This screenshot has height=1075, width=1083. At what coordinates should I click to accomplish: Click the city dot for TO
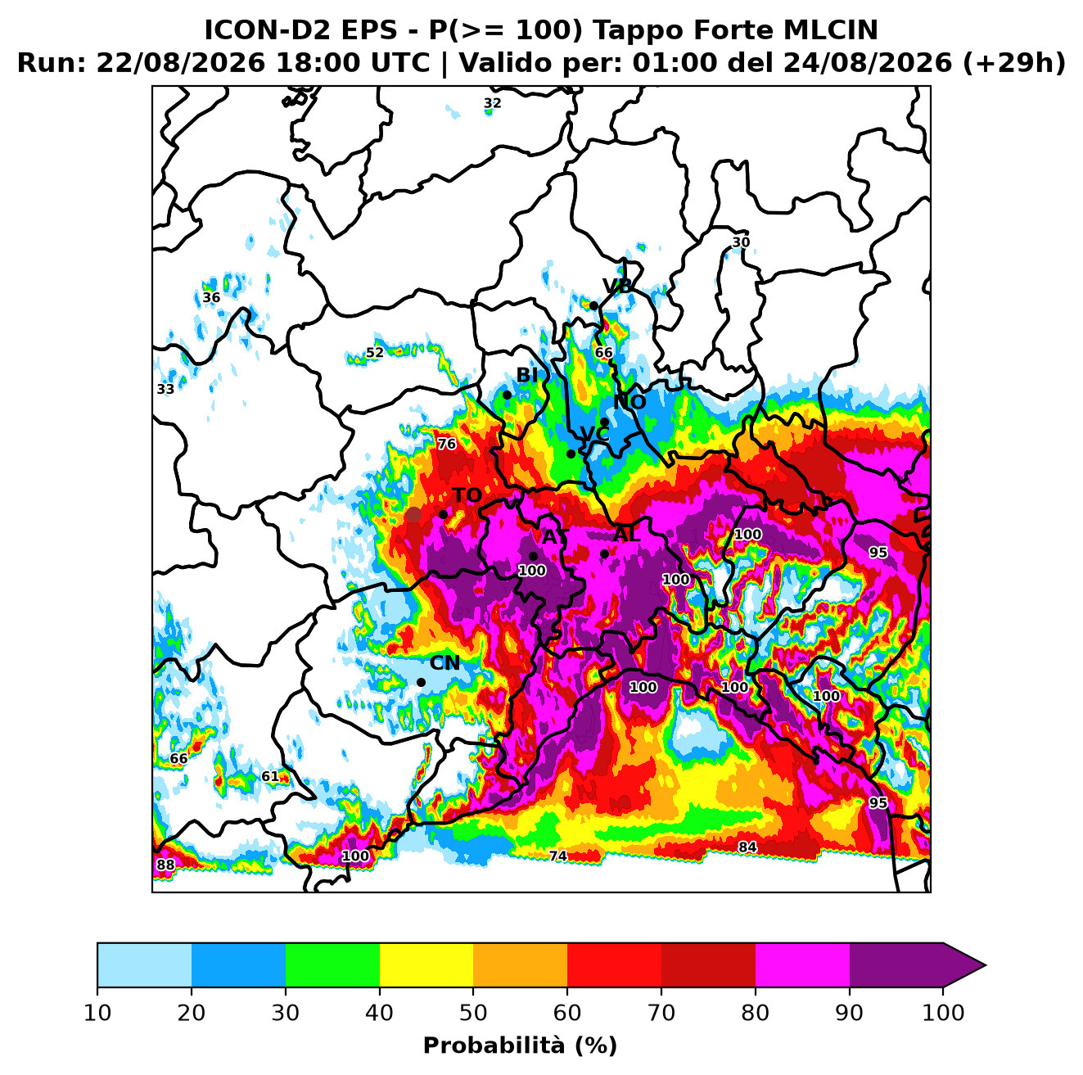coord(443,514)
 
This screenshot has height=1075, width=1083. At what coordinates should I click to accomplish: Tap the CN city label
coord(444,663)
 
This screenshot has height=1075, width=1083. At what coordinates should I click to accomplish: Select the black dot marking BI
coord(507,395)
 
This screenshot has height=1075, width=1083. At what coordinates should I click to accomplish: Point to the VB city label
coord(617,286)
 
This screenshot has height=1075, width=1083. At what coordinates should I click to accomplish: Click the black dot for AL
coord(604,553)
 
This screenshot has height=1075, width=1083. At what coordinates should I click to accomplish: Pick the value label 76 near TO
coord(447,445)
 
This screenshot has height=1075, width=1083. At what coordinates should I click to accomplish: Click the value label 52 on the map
coord(375,353)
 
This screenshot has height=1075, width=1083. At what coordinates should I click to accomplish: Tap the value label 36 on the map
coord(211,297)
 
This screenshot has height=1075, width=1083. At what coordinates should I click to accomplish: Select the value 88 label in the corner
coord(165,865)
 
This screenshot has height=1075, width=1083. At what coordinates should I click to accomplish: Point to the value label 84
coord(747,847)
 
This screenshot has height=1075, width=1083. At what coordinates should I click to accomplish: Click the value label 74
coord(558,856)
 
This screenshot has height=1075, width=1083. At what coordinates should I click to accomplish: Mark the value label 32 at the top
coord(492,103)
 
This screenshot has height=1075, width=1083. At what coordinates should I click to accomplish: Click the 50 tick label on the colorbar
coord(473,1013)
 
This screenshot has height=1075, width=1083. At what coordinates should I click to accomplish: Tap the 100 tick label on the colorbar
coord(943,1013)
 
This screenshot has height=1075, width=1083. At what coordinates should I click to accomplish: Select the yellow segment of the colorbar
coord(426,964)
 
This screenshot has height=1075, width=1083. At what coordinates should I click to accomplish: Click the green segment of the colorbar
coord(332,964)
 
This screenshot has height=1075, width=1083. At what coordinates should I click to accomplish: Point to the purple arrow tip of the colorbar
coord(986,965)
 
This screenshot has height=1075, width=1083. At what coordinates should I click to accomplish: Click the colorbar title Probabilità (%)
coord(520,1046)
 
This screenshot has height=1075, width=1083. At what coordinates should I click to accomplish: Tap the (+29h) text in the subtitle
coord(1014,63)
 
